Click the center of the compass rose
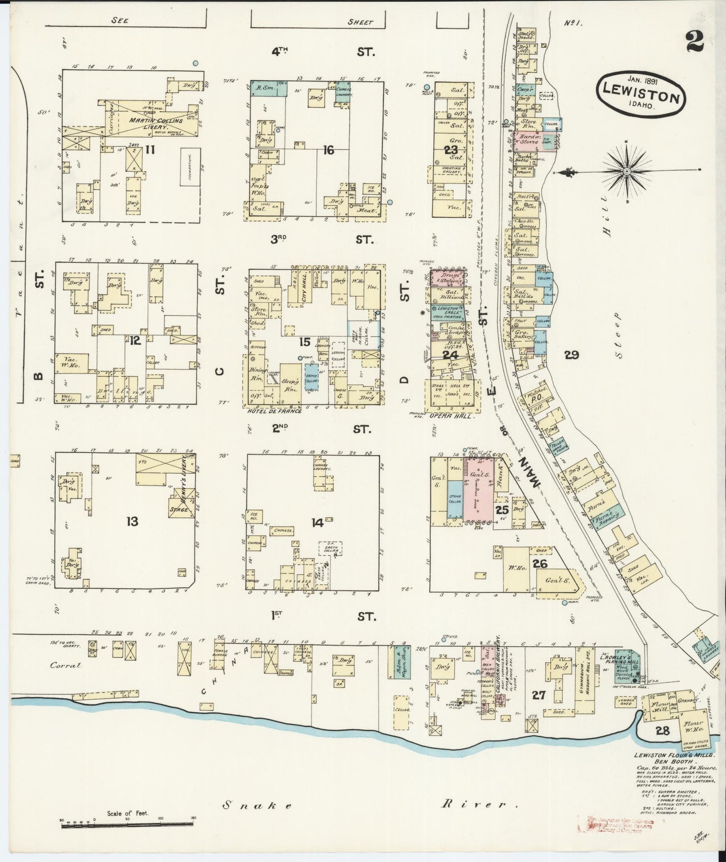(627, 172)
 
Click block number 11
(149, 149)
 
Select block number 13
(132, 521)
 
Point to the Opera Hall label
(445, 416)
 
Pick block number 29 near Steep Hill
(571, 356)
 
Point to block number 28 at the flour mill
(662, 731)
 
